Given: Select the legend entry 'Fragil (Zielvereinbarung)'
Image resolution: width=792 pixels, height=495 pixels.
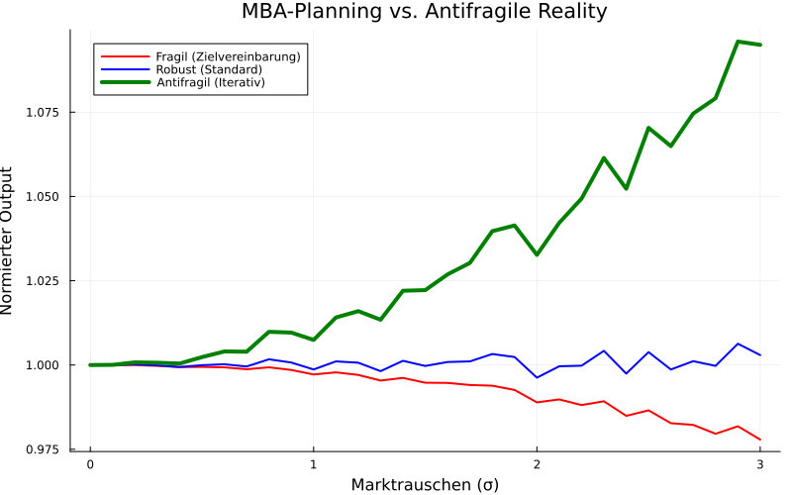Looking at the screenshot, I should point(228,56).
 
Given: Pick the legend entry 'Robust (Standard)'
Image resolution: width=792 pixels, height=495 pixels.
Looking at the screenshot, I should point(209,70).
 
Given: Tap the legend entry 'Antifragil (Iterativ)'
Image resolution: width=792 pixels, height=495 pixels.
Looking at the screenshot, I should point(218,83).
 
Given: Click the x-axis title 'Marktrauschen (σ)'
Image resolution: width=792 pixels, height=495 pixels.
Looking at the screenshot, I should point(425,484).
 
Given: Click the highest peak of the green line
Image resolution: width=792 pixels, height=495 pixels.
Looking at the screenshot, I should point(738,42).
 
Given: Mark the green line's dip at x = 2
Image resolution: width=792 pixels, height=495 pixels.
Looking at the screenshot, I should point(537,254).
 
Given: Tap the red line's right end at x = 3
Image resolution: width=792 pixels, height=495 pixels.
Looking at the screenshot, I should point(759,440).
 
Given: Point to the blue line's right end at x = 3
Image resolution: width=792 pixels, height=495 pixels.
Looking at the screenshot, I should point(759,354).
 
